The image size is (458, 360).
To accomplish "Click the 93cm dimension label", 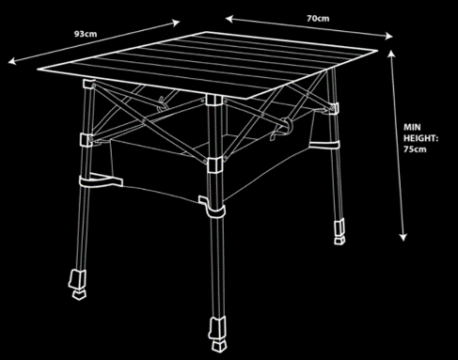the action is [x=86, y=34].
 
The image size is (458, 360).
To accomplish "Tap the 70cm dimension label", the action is [x=318, y=19].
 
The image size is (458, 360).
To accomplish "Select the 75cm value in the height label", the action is [x=415, y=149].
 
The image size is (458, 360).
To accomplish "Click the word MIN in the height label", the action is [x=412, y=127].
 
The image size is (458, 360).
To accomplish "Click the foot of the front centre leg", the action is [x=218, y=335].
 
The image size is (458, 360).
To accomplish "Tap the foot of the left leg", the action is [x=78, y=284].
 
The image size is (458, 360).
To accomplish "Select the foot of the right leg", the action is [x=340, y=231].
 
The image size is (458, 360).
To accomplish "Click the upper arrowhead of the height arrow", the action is [x=391, y=55].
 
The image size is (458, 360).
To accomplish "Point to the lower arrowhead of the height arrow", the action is [x=403, y=237].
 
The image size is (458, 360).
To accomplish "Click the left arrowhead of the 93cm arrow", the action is [x=12, y=61].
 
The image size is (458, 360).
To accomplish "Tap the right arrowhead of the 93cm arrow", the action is [x=175, y=23].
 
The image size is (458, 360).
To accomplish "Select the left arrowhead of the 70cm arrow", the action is [x=229, y=19].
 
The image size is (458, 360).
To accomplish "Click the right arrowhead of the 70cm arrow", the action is [x=388, y=36].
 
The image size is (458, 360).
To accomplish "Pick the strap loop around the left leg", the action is [x=101, y=180].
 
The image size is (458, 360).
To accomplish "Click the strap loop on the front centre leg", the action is [x=213, y=207].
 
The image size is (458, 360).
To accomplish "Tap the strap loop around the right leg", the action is [x=324, y=145].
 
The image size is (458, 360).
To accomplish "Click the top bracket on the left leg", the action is [x=89, y=85].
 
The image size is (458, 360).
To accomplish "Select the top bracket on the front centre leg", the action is [x=214, y=100].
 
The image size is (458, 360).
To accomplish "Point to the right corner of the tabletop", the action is [x=377, y=50].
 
